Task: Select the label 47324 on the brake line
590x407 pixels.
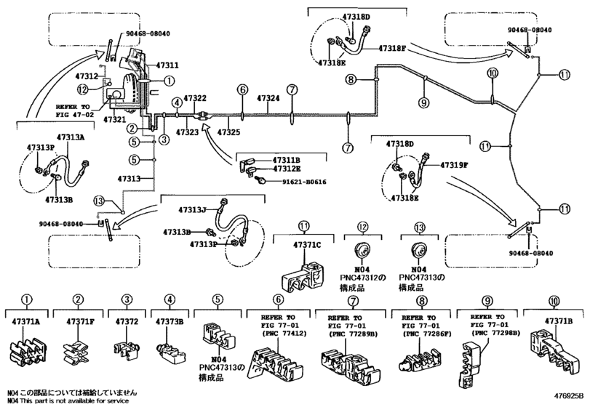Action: point(268,97)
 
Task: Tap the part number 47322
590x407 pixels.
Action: point(195,97)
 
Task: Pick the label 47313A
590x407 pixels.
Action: point(71,136)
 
